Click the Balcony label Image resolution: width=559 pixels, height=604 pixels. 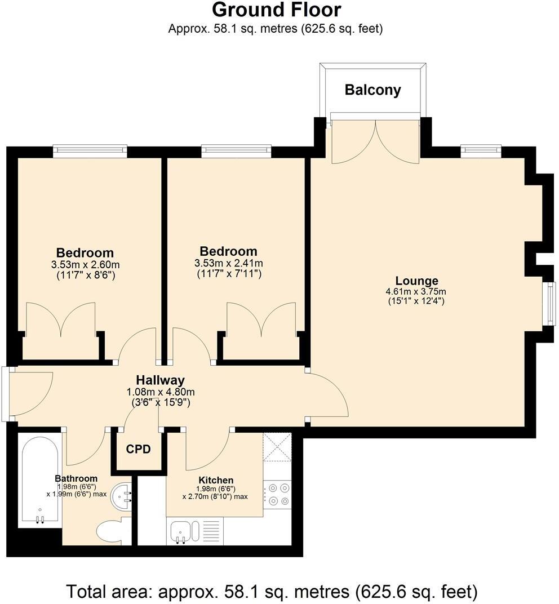[x=372, y=90]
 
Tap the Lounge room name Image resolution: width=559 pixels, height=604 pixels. [x=416, y=281]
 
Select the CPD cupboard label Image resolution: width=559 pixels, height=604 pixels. [x=138, y=449]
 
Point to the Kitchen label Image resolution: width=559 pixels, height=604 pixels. [x=215, y=480]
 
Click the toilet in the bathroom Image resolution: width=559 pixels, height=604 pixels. [x=113, y=530]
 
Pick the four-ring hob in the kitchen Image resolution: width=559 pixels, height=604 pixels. [x=277, y=494]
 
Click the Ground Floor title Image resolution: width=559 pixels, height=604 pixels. [x=276, y=10]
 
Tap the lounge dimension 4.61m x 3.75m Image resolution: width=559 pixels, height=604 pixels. [x=416, y=291]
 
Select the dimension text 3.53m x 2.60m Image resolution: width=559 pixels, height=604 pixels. [x=85, y=264]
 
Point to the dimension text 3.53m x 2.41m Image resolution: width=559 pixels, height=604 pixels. [x=228, y=263]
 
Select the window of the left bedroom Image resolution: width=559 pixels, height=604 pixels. [x=90, y=150]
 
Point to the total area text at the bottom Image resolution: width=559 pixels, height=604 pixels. [x=272, y=592]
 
